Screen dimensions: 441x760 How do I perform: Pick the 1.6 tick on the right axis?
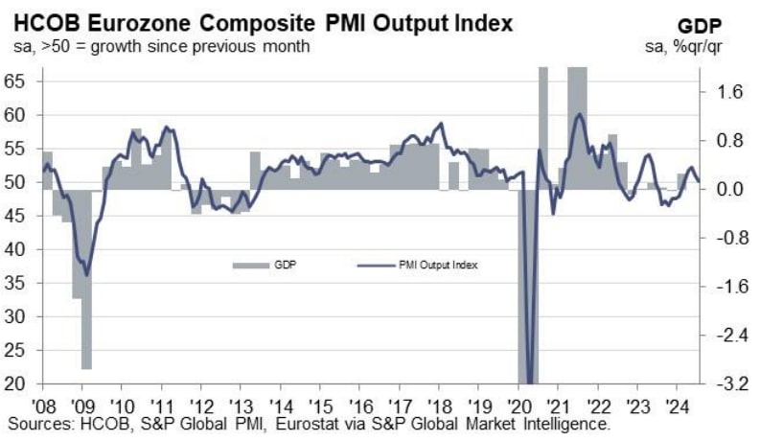pyautogui.click(x=730, y=92)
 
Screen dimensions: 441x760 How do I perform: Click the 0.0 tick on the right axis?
pyautogui.click(x=730, y=189)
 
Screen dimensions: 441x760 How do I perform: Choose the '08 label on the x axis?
pyautogui.click(x=43, y=404)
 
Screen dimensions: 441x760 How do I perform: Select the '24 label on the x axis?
pyautogui.click(x=675, y=404)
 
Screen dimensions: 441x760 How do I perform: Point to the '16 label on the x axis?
pyautogui.click(x=359, y=404)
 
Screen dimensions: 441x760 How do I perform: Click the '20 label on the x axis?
pyautogui.click(x=518, y=404)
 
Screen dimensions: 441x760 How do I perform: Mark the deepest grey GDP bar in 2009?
pyautogui.click(x=86, y=278)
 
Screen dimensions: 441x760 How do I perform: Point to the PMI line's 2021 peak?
pyautogui.click(x=579, y=115)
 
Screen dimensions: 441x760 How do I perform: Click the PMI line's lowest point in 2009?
pyautogui.click(x=87, y=274)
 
